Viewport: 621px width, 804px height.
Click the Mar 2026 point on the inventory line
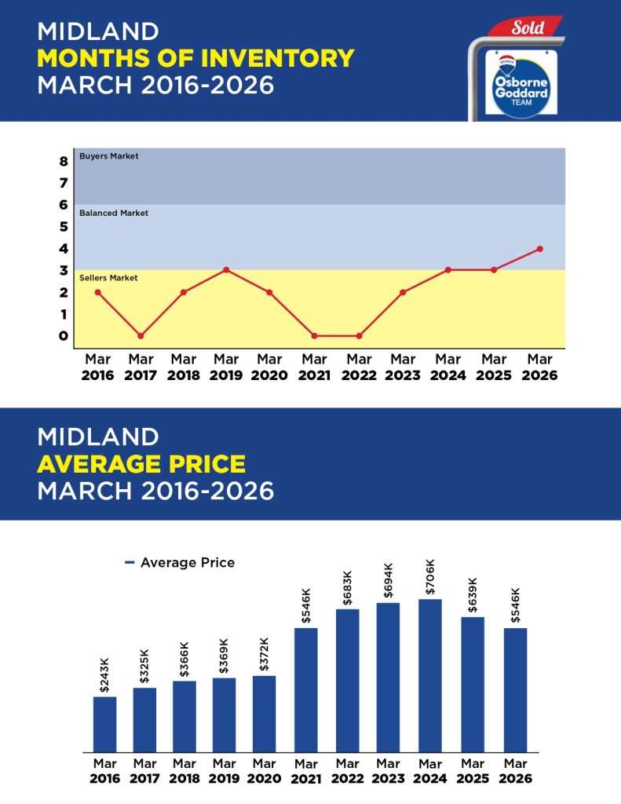click(x=539, y=249)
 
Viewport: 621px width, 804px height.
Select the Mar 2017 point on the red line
click(x=141, y=336)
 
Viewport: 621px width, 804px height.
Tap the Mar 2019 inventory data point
click(x=226, y=270)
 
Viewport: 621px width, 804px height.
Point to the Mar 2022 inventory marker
click(x=360, y=336)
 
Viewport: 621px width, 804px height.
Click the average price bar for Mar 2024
click(x=429, y=675)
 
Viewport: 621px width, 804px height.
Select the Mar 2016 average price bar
click(x=104, y=724)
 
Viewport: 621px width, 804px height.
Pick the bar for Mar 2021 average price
click(x=306, y=689)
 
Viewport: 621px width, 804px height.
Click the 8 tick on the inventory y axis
click(x=63, y=162)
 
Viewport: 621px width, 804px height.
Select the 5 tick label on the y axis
click(x=63, y=227)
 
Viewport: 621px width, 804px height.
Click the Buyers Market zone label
click(x=109, y=156)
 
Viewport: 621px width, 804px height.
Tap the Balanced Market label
click(x=114, y=213)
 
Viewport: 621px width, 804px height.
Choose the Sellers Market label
click(x=108, y=278)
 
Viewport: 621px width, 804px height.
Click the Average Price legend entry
click(x=180, y=563)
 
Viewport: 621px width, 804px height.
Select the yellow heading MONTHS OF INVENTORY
click(x=195, y=57)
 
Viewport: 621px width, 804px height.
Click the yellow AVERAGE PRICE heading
click(x=141, y=464)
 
